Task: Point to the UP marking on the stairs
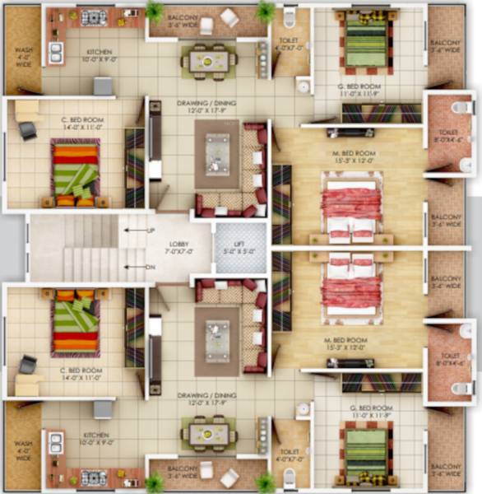coord(151,231)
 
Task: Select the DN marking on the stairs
coord(151,267)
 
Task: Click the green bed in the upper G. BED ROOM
coord(365,43)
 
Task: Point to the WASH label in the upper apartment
coord(23,56)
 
